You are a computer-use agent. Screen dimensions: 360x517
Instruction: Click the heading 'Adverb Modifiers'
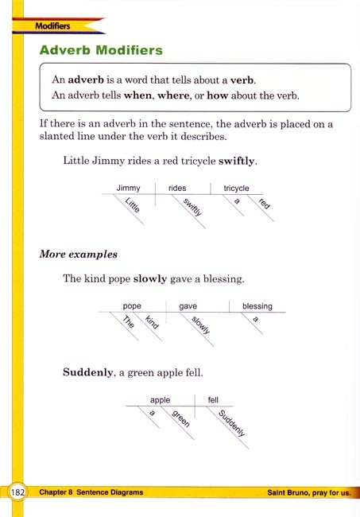click(101, 50)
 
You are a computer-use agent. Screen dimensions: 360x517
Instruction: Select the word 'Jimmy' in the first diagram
click(128, 188)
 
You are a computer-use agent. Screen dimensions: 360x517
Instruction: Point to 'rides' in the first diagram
click(177, 188)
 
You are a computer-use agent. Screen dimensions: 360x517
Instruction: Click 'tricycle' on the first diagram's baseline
click(237, 188)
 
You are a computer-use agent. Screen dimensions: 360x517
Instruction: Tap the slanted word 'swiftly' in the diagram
click(192, 208)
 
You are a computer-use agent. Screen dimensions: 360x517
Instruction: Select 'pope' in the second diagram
click(132, 305)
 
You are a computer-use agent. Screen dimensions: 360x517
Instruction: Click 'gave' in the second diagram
click(188, 305)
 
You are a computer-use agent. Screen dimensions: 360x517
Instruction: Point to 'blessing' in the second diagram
click(257, 305)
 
